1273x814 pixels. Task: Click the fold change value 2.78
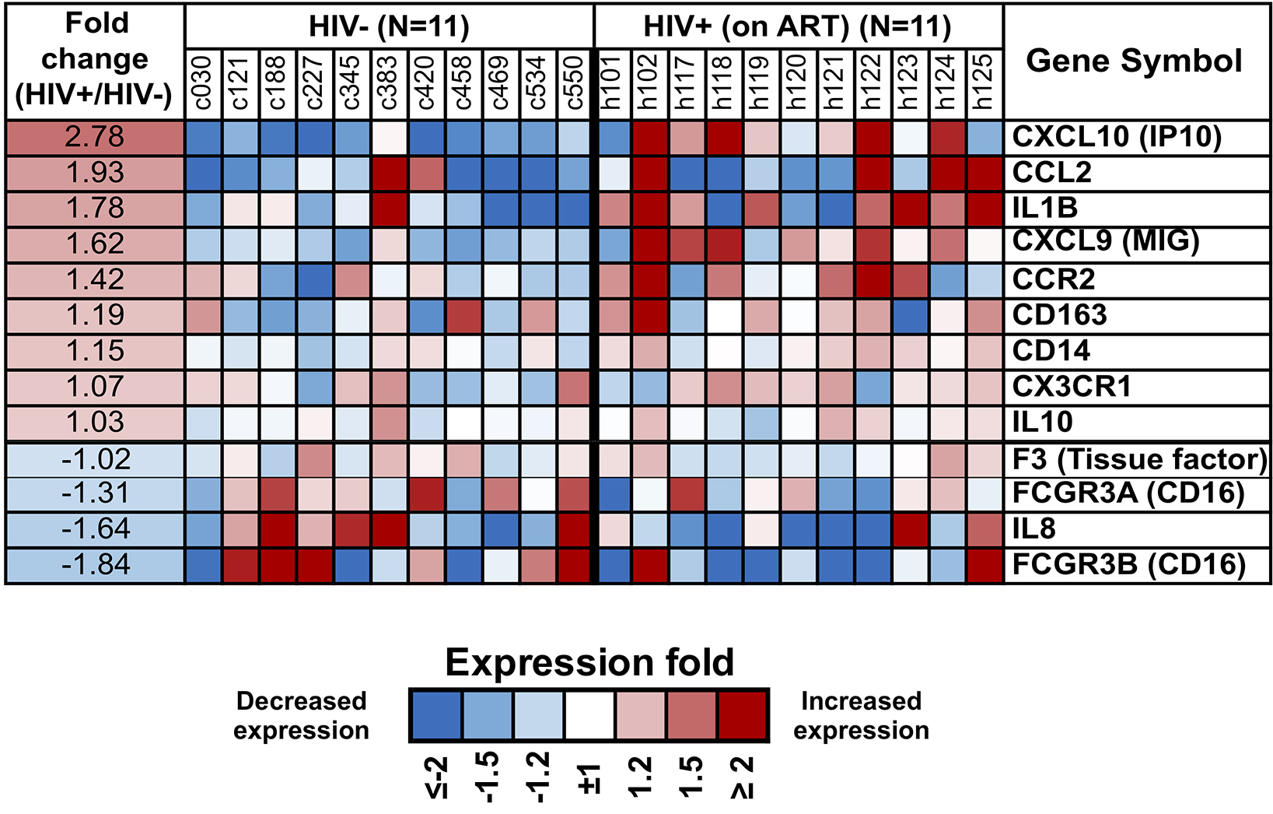[x=95, y=137]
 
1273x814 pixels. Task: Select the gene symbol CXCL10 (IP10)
[x=1116, y=137]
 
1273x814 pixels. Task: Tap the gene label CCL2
[x=1051, y=173]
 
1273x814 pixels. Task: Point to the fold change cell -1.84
[x=95, y=565]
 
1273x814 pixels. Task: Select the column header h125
[x=984, y=82]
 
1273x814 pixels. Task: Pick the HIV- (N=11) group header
[x=389, y=27]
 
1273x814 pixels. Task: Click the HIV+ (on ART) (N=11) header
[x=797, y=27]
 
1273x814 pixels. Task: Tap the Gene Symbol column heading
[x=1134, y=61]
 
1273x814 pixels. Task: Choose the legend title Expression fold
[x=589, y=663]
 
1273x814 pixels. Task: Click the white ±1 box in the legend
[x=589, y=714]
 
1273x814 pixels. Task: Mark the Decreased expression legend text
[x=301, y=715]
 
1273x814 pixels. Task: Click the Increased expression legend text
[x=861, y=715]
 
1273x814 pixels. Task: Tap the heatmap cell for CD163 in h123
[x=910, y=315]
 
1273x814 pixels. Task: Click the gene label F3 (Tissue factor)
[x=1138, y=459]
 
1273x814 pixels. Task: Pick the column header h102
[x=649, y=82]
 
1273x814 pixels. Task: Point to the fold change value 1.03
[x=95, y=423]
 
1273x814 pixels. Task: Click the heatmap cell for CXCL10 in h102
[x=649, y=137]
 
